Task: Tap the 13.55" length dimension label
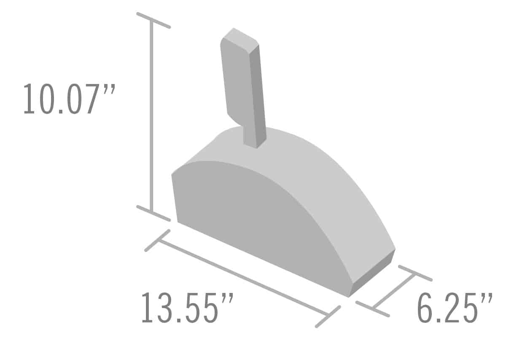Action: coord(187,308)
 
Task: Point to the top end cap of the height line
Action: coord(153,20)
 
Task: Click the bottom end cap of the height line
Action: coord(153,213)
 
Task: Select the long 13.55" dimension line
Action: coord(243,277)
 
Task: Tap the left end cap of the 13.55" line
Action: coord(157,241)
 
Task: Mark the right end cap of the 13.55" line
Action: coord(328,317)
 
